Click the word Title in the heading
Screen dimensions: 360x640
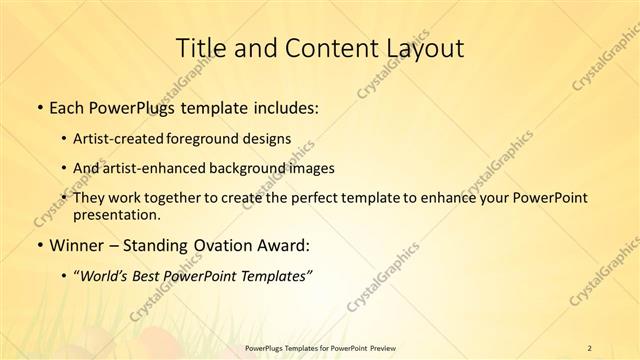click(201, 47)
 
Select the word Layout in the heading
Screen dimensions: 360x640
click(419, 47)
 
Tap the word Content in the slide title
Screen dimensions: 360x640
click(322, 47)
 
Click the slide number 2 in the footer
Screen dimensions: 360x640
click(590, 348)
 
